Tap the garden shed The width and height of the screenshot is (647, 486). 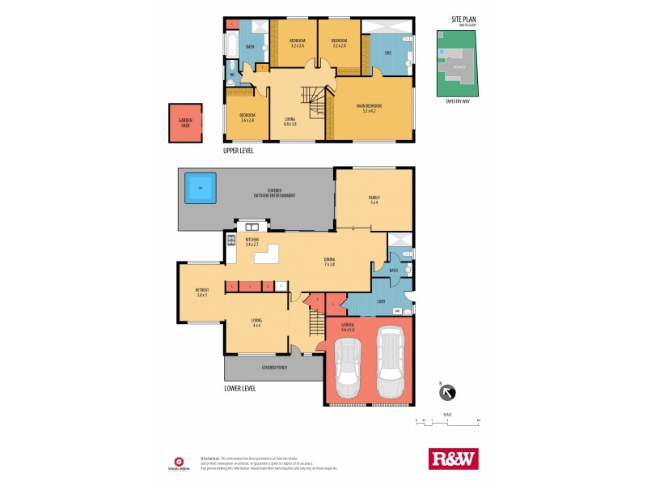tap(185, 124)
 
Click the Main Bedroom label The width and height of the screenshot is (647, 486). tap(369, 109)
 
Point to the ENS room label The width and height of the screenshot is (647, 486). tap(387, 53)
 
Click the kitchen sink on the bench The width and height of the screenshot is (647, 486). tap(252, 227)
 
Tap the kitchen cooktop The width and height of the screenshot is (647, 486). tap(230, 240)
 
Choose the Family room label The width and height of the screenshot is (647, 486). tap(374, 199)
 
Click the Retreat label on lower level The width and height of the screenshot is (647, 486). tap(202, 292)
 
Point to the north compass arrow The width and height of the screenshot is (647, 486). tap(446, 394)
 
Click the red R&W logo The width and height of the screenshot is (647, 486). tap(453, 458)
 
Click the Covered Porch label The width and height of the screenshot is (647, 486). tap(274, 368)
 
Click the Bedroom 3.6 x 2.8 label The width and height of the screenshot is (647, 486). tap(247, 117)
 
